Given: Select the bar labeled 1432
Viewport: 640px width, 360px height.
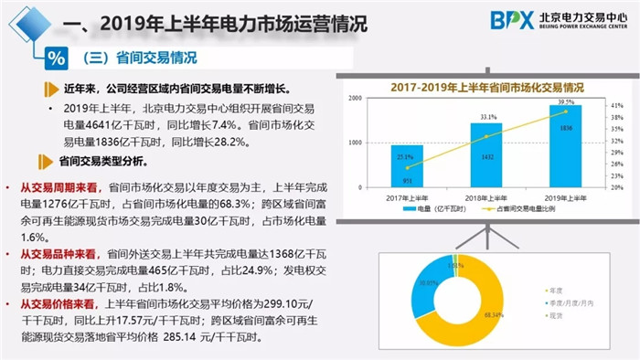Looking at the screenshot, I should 486,156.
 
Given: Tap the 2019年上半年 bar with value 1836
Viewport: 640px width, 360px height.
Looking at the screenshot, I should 565,147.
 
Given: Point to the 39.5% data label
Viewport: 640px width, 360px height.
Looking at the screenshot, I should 566,102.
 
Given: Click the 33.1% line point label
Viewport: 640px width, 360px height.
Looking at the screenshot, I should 487,118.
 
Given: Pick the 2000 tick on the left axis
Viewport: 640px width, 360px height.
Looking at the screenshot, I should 357,98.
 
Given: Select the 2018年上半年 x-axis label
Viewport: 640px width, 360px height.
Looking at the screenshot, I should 486,198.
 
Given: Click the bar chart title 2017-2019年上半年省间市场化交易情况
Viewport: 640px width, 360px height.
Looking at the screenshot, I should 482,87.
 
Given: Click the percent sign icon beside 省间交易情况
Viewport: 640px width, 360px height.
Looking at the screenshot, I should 56,58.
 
